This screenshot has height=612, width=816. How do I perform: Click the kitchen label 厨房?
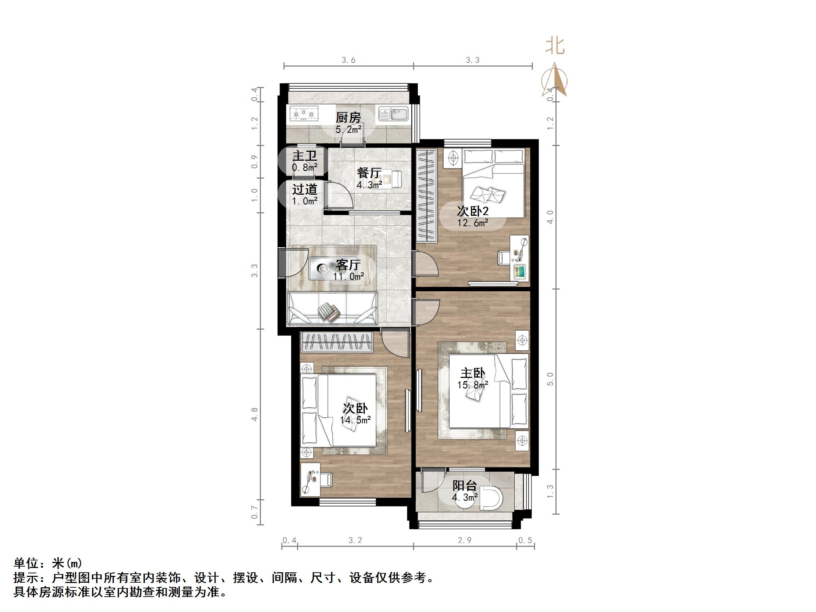click(x=348, y=118)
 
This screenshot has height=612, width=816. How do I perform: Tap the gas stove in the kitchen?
click(x=304, y=113)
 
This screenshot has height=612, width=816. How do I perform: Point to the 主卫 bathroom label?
click(x=305, y=156)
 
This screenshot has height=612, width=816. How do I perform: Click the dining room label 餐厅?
click(x=369, y=173)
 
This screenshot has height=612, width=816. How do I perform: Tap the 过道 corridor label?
click(x=305, y=189)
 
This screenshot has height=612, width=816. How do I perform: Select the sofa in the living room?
click(x=332, y=308)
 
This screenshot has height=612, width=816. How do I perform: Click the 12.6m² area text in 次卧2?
click(x=473, y=223)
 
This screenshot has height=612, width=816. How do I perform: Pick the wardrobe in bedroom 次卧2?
click(x=427, y=195)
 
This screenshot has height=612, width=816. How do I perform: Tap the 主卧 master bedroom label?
click(x=472, y=373)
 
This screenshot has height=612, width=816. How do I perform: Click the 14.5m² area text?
click(x=355, y=420)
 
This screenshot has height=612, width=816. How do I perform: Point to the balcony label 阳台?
click(x=465, y=485)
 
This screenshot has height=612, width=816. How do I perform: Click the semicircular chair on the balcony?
click(x=491, y=499)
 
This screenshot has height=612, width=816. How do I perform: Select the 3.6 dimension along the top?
click(x=348, y=60)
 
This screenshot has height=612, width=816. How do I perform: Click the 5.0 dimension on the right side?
click(x=550, y=379)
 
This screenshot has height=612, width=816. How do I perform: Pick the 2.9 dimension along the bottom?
click(x=465, y=540)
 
